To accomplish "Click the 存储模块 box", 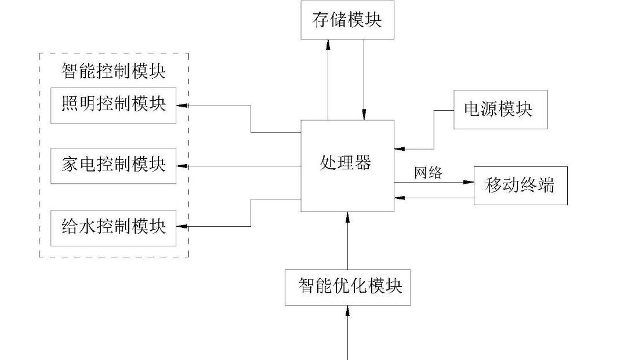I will point(347,20).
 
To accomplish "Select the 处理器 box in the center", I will point(347,166).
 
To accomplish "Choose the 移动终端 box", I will point(520,186).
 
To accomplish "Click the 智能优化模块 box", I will point(347,286).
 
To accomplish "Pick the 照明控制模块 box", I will point(113,106).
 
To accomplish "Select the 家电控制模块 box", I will point(113,166).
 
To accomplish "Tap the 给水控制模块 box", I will point(113,227).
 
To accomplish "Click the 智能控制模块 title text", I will point(113,72).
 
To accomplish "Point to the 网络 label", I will point(428,173).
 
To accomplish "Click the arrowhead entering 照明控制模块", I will point(181,106).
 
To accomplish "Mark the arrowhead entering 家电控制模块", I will point(181,166).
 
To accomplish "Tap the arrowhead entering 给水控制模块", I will point(181,226).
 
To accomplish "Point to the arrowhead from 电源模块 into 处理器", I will point(399,149).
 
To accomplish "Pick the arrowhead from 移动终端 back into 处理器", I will point(399,198).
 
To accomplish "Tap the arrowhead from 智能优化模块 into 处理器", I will point(347,217).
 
